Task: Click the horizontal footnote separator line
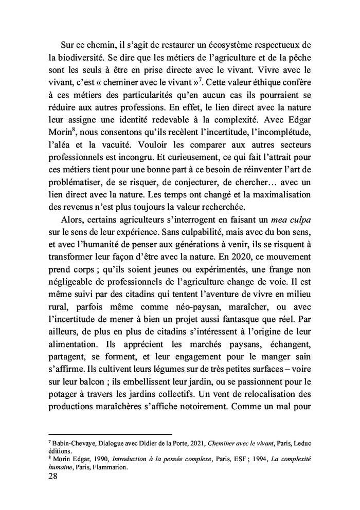[110, 434]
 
